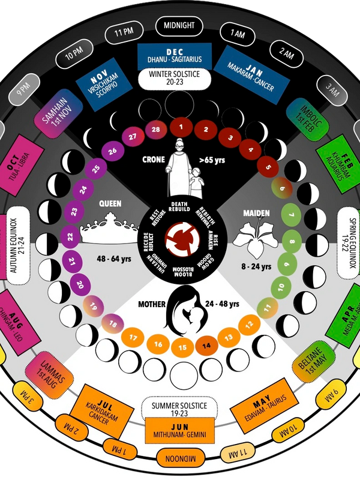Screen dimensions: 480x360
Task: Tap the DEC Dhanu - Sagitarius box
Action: click(176, 55)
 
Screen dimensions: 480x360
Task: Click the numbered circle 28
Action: click(156, 130)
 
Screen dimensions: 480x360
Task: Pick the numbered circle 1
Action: click(180, 127)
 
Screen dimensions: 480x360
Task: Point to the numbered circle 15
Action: click(179, 347)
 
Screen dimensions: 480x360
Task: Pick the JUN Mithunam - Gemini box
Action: click(179, 431)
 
